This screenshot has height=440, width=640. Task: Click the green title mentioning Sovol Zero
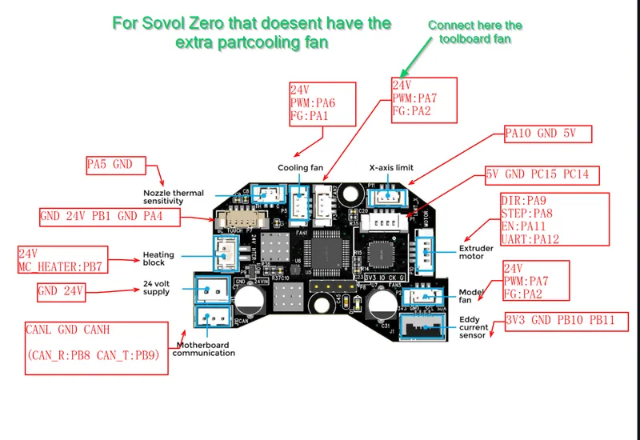(251, 33)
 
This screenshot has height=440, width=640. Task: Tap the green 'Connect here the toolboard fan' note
(475, 31)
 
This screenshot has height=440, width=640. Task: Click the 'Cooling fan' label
(300, 168)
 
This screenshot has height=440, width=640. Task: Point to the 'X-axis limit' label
(391, 168)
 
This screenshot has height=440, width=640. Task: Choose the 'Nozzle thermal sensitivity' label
(174, 197)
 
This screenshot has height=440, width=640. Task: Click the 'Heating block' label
(158, 258)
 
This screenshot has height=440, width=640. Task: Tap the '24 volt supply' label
(156, 288)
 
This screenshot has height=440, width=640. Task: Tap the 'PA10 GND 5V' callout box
(547, 133)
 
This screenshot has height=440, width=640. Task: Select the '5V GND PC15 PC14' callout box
(542, 174)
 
